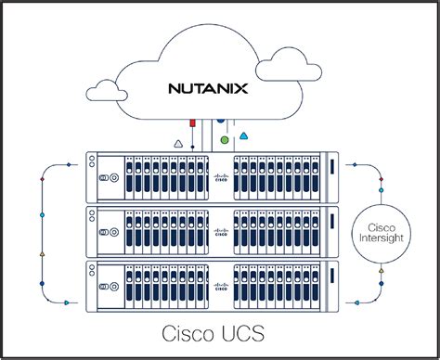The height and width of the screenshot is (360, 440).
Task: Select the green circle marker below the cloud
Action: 224,140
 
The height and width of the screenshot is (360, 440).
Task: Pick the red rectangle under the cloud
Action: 191,121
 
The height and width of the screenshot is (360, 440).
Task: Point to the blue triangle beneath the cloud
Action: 243,135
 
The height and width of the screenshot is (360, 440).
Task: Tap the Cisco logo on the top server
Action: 220,179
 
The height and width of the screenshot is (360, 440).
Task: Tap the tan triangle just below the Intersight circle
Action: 380,270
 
